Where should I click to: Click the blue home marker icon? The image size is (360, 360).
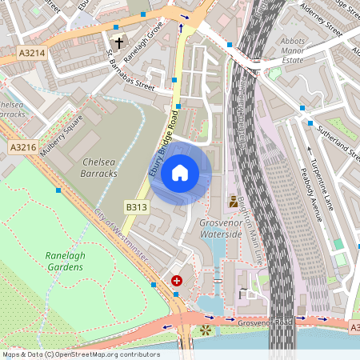click(x=180, y=172)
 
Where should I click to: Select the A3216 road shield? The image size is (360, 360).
click(x=23, y=147)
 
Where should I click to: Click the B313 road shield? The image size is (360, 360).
click(x=136, y=207)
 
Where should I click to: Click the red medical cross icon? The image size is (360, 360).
click(x=176, y=281)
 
